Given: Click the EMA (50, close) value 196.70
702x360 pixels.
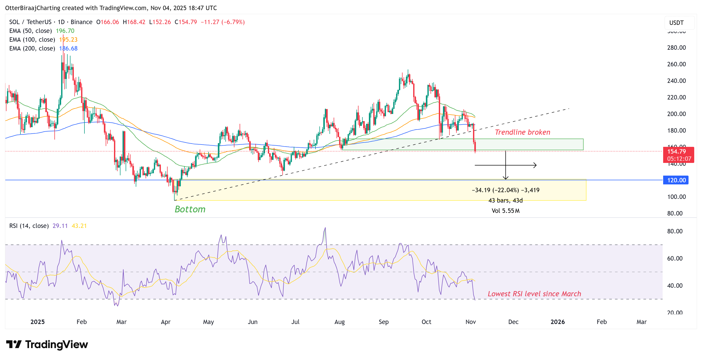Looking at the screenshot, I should click(65, 31).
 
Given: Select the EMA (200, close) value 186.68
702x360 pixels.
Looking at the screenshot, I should click(68, 48).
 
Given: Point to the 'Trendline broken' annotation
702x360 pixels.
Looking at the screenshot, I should click(522, 132).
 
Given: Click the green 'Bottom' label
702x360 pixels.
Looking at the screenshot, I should click(190, 209).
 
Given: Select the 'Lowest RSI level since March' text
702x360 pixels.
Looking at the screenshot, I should click(534, 294).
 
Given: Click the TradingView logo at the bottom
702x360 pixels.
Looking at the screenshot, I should click(47, 344).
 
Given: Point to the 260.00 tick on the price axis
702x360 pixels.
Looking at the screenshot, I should click(676, 64).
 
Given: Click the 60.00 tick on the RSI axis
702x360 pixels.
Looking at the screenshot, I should click(675, 258).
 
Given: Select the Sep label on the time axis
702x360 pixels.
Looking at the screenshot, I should click(383, 322).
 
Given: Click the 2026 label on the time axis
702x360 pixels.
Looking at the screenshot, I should click(557, 322).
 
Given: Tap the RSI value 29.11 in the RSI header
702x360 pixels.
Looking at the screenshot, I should click(60, 226).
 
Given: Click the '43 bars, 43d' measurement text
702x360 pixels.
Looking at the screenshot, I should click(505, 200).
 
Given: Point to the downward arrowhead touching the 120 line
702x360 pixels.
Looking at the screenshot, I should click(505, 178).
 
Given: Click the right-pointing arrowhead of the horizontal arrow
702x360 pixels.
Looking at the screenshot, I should click(535, 165).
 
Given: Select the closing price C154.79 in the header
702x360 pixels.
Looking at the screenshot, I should click(185, 22).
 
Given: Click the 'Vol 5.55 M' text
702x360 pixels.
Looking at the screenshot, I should click(505, 211).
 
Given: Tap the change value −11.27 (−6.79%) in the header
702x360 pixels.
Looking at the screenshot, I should click(223, 22).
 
